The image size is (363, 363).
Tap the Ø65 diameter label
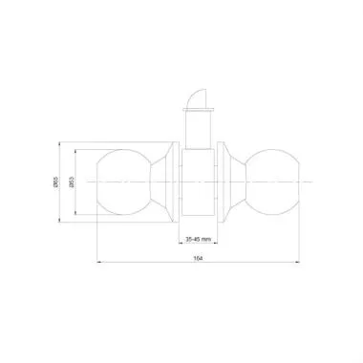(x=58, y=182)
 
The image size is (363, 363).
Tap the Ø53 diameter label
(x=71, y=182)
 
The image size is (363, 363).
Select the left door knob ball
(x=127, y=181)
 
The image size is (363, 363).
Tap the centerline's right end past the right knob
(x=310, y=181)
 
